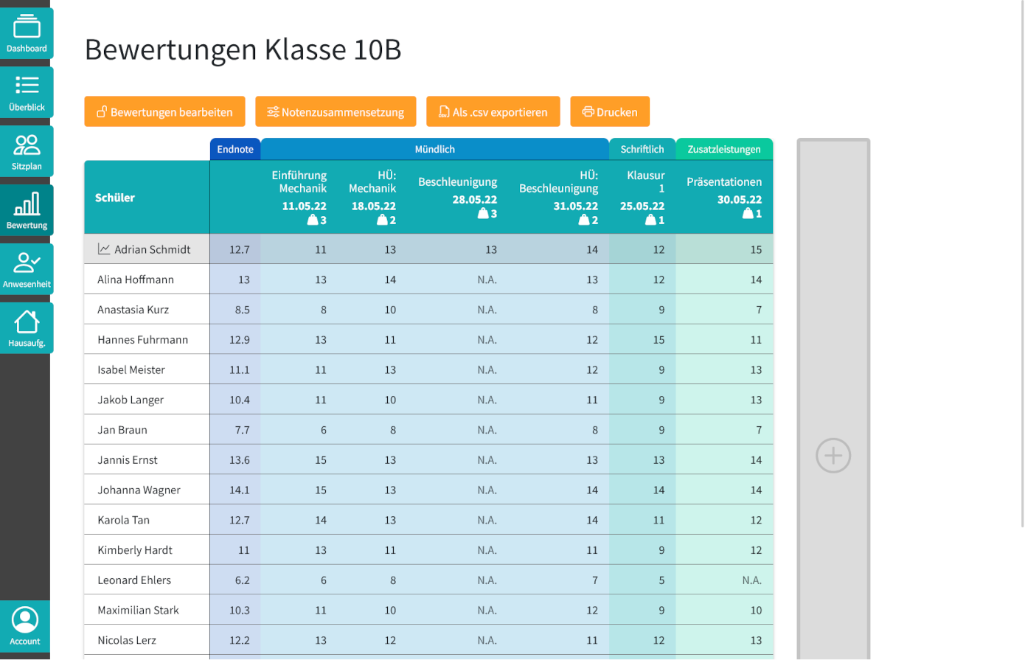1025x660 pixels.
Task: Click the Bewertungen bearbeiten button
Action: coord(164,112)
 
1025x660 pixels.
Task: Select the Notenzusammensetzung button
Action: coord(336,112)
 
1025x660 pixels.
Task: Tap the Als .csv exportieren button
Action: coord(493,112)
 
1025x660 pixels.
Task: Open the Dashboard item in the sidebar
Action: coord(27,34)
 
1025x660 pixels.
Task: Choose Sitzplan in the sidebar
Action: coord(27,152)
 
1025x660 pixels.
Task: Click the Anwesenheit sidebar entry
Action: coord(27,270)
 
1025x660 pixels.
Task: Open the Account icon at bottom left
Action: coord(25,626)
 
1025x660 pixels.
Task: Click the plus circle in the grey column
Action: coord(833,456)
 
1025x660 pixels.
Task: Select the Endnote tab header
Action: coord(235,150)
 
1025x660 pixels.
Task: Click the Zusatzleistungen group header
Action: coord(724,150)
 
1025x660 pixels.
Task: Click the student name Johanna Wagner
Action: coord(139,490)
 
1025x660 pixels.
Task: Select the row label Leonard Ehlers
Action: coord(134,580)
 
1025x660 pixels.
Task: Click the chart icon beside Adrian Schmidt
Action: coord(104,249)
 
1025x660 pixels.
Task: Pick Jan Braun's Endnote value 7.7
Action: coord(242,430)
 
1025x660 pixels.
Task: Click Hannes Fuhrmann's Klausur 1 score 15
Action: coord(659,340)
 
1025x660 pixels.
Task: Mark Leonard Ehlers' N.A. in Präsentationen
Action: coord(751,580)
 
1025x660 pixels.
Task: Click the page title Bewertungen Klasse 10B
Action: coord(243,50)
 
